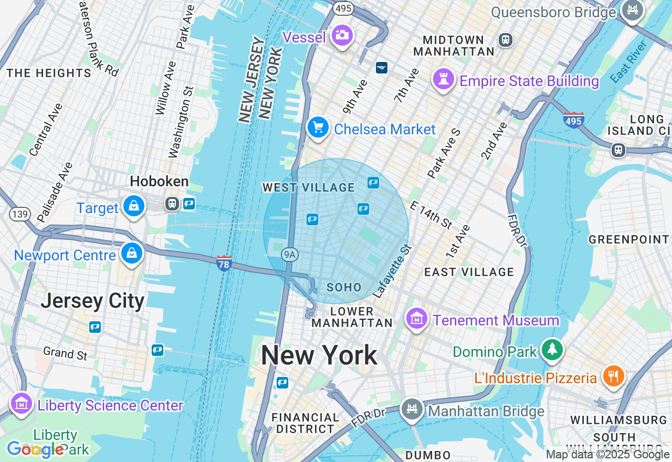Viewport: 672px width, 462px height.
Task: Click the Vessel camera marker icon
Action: click(342, 35)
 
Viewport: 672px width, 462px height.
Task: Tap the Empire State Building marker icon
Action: click(444, 79)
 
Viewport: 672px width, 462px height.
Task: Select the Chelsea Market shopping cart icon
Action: click(318, 128)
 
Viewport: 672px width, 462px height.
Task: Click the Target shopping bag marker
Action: click(134, 206)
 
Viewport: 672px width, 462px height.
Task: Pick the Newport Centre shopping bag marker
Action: click(132, 254)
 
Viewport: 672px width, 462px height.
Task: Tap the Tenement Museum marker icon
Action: click(417, 318)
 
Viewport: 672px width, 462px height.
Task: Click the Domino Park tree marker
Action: click(552, 350)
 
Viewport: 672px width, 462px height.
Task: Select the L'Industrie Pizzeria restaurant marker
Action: click(613, 376)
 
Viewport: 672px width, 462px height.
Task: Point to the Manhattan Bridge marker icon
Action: click(412, 409)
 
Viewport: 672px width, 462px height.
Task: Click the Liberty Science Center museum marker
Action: click(22, 404)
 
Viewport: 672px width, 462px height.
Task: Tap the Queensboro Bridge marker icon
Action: click(633, 10)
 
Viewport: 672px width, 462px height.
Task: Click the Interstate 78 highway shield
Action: click(224, 264)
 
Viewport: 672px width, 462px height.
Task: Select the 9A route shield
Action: click(289, 255)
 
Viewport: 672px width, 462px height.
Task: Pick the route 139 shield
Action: click(19, 214)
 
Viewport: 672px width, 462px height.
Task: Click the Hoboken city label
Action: click(159, 182)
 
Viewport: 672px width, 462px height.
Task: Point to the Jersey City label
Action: click(92, 301)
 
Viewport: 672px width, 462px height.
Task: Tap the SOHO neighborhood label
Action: click(344, 287)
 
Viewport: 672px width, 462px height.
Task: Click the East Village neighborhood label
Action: click(469, 272)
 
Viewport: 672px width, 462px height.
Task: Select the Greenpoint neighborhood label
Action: click(629, 239)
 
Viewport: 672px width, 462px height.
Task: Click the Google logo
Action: click(35, 449)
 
